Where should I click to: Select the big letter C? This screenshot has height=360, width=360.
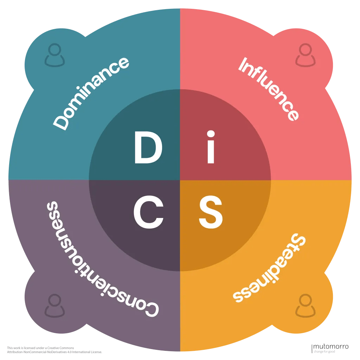pyautogui.click(x=148, y=212)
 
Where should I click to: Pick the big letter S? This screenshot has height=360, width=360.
pyautogui.click(x=211, y=212)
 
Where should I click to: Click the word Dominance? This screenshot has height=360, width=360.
pyautogui.click(x=91, y=93)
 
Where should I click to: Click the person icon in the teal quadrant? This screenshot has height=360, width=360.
pyautogui.click(x=54, y=55)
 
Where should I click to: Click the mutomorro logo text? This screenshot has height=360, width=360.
pyautogui.click(x=331, y=347)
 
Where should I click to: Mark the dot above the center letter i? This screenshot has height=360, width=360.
pyautogui.click(x=211, y=134)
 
